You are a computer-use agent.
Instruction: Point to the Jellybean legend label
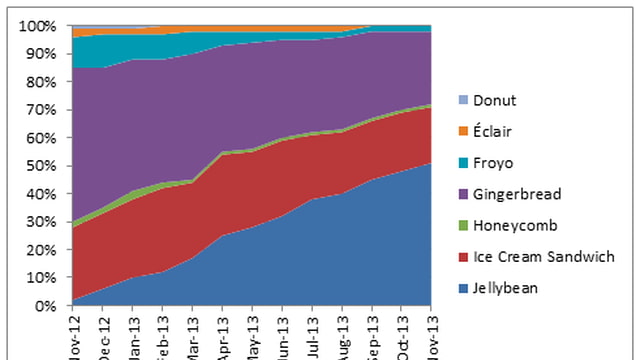tap(505, 288)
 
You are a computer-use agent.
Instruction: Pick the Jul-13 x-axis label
tap(315, 334)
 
